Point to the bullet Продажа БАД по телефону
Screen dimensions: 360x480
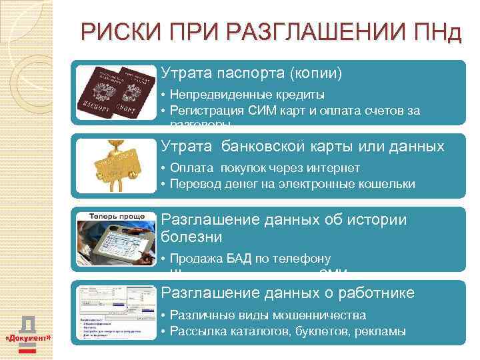[x=250, y=259]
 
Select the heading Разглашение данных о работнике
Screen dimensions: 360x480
[x=288, y=293]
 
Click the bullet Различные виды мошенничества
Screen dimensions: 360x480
[x=268, y=315]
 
